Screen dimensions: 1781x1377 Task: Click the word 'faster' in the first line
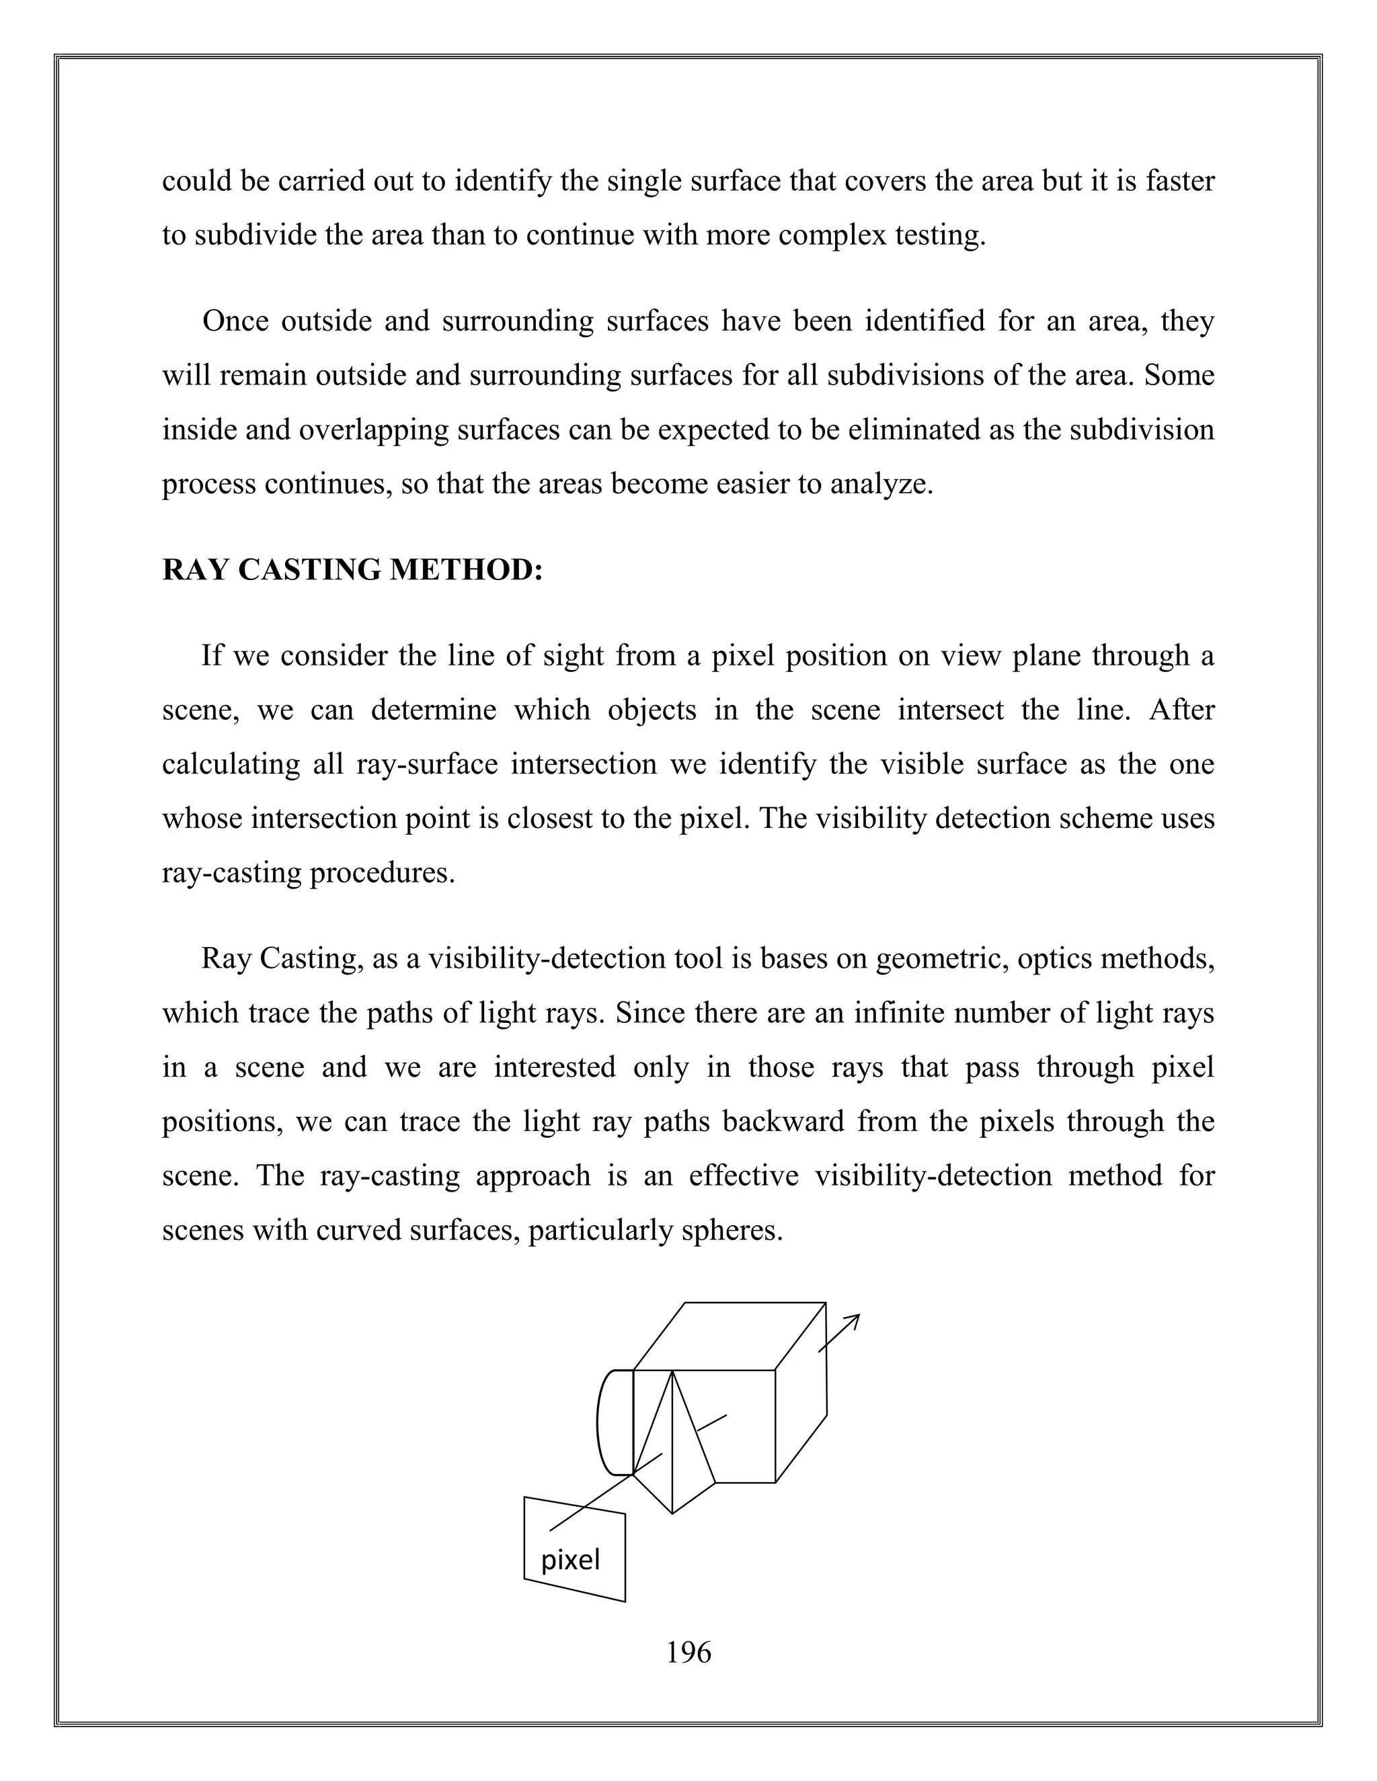1179,180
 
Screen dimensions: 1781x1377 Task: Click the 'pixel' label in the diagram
570,1559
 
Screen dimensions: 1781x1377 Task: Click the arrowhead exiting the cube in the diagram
853,1319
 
